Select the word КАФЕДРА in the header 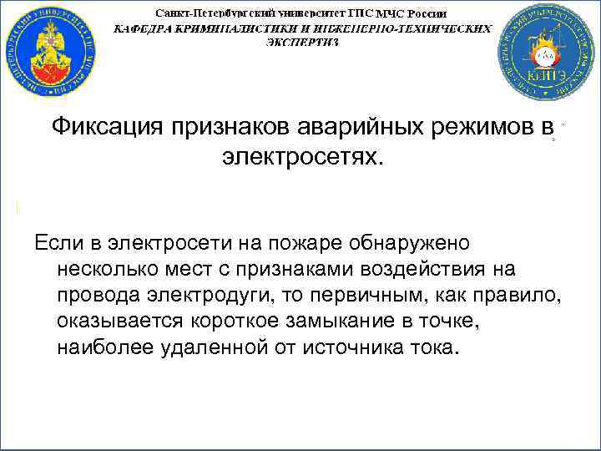tap(144, 28)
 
